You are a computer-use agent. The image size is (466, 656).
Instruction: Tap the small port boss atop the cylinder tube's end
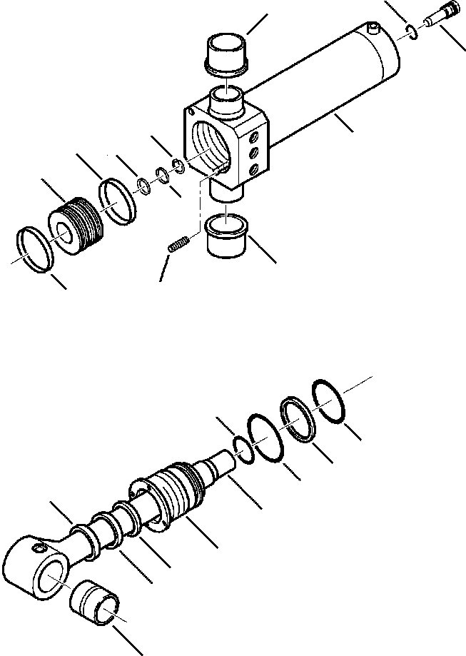pos(373,28)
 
